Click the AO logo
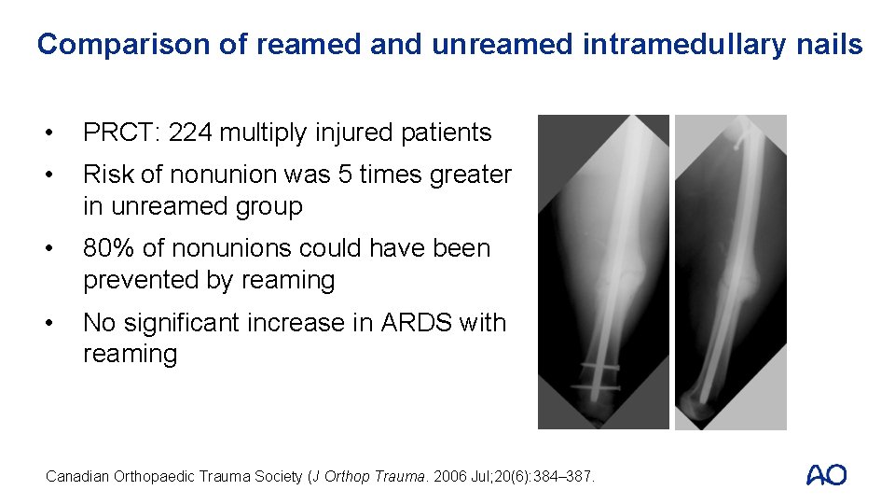click(826, 475)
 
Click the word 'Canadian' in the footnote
click(77, 477)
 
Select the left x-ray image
click(603, 272)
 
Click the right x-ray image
click(730, 272)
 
